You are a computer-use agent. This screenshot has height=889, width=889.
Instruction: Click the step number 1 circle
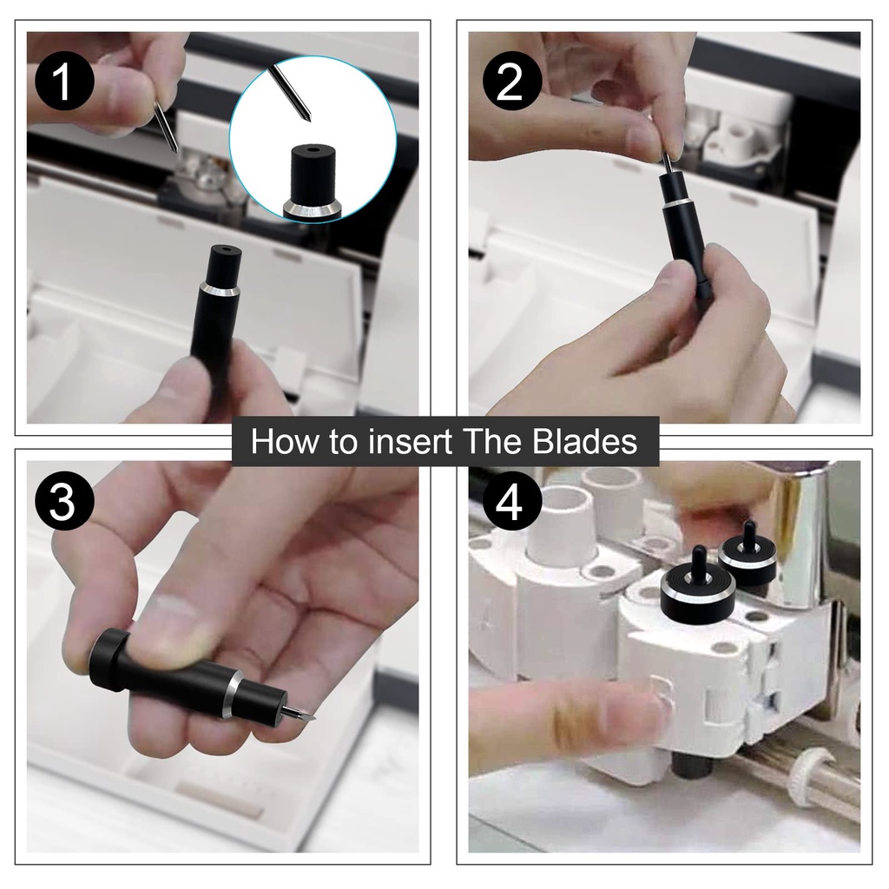[64, 82]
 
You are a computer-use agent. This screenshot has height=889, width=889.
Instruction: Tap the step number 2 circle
[511, 82]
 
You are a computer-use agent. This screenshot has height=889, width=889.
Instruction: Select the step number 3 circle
[64, 502]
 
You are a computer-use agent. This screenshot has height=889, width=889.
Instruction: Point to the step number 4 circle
[511, 502]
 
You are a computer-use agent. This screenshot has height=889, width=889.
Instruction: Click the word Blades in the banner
[585, 442]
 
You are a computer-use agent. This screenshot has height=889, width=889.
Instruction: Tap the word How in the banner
[284, 442]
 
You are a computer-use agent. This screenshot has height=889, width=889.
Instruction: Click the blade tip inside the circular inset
[306, 118]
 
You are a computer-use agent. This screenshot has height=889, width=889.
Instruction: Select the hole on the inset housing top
[312, 151]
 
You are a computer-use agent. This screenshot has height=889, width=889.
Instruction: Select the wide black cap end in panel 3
[109, 661]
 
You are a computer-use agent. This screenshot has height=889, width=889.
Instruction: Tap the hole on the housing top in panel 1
[225, 249]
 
